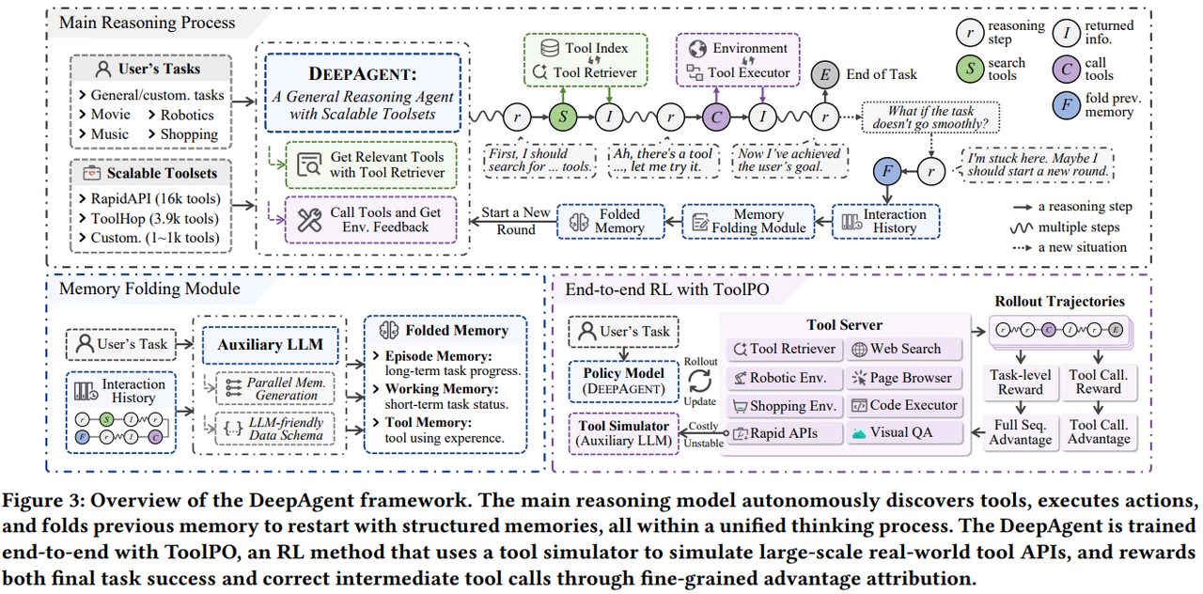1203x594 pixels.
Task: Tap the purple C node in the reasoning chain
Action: click(x=715, y=117)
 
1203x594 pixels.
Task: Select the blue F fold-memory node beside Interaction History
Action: click(x=885, y=172)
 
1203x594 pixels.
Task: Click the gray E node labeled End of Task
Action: click(x=825, y=74)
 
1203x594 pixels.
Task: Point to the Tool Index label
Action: click(x=597, y=48)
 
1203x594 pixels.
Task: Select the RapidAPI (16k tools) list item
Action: click(x=155, y=197)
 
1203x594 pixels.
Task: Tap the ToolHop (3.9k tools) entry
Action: click(x=155, y=217)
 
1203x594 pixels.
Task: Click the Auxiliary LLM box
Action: click(x=270, y=345)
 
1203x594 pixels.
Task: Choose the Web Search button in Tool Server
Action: click(x=904, y=349)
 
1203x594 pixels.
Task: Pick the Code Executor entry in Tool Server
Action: click(x=904, y=405)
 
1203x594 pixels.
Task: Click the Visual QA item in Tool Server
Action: click(x=904, y=433)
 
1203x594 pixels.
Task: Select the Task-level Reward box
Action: click(x=1021, y=382)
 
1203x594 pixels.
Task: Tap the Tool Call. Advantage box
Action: click(x=1099, y=432)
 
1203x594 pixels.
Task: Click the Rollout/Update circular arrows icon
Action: click(x=700, y=382)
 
